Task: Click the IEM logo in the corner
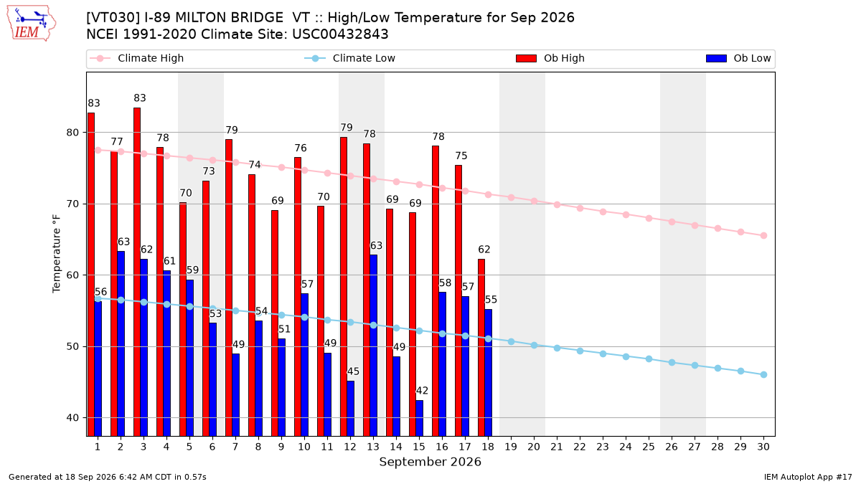32,24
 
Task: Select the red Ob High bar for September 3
137,272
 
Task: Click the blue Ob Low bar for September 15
419,418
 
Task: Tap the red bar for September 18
481,347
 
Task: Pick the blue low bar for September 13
374,346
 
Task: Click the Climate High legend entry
136,58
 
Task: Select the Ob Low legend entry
738,58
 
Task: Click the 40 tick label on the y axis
72,417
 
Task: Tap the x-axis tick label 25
649,447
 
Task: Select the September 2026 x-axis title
430,462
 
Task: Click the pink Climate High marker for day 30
763,235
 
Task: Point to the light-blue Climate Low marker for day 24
626,356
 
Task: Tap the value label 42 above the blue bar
422,391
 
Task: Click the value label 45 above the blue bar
353,371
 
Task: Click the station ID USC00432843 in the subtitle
340,34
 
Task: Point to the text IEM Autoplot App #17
808,477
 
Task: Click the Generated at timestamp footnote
107,477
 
